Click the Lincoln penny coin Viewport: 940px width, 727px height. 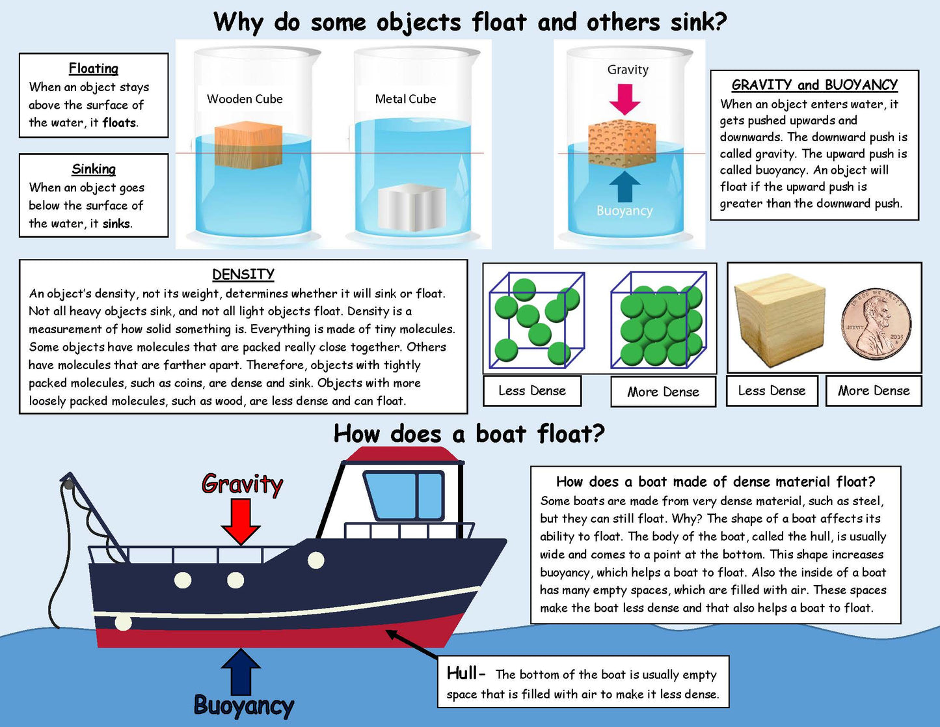coord(877,324)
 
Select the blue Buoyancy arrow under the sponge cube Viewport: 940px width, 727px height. coord(624,187)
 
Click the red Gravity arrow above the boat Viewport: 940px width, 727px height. coord(241,520)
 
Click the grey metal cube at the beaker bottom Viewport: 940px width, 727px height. coord(412,208)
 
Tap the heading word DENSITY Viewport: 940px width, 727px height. coord(243,274)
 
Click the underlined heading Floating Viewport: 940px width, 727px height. coord(94,68)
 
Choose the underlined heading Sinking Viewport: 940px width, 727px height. coord(94,169)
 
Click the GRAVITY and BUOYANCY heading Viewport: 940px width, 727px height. coord(814,85)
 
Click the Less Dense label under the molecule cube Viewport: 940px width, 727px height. coord(532,391)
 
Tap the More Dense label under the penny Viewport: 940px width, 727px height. coord(874,391)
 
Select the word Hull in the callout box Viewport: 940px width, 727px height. coord(463,673)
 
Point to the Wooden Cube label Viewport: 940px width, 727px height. coord(245,99)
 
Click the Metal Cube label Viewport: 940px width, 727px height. coord(405,99)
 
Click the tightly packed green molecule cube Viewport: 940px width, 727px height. coord(658,320)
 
